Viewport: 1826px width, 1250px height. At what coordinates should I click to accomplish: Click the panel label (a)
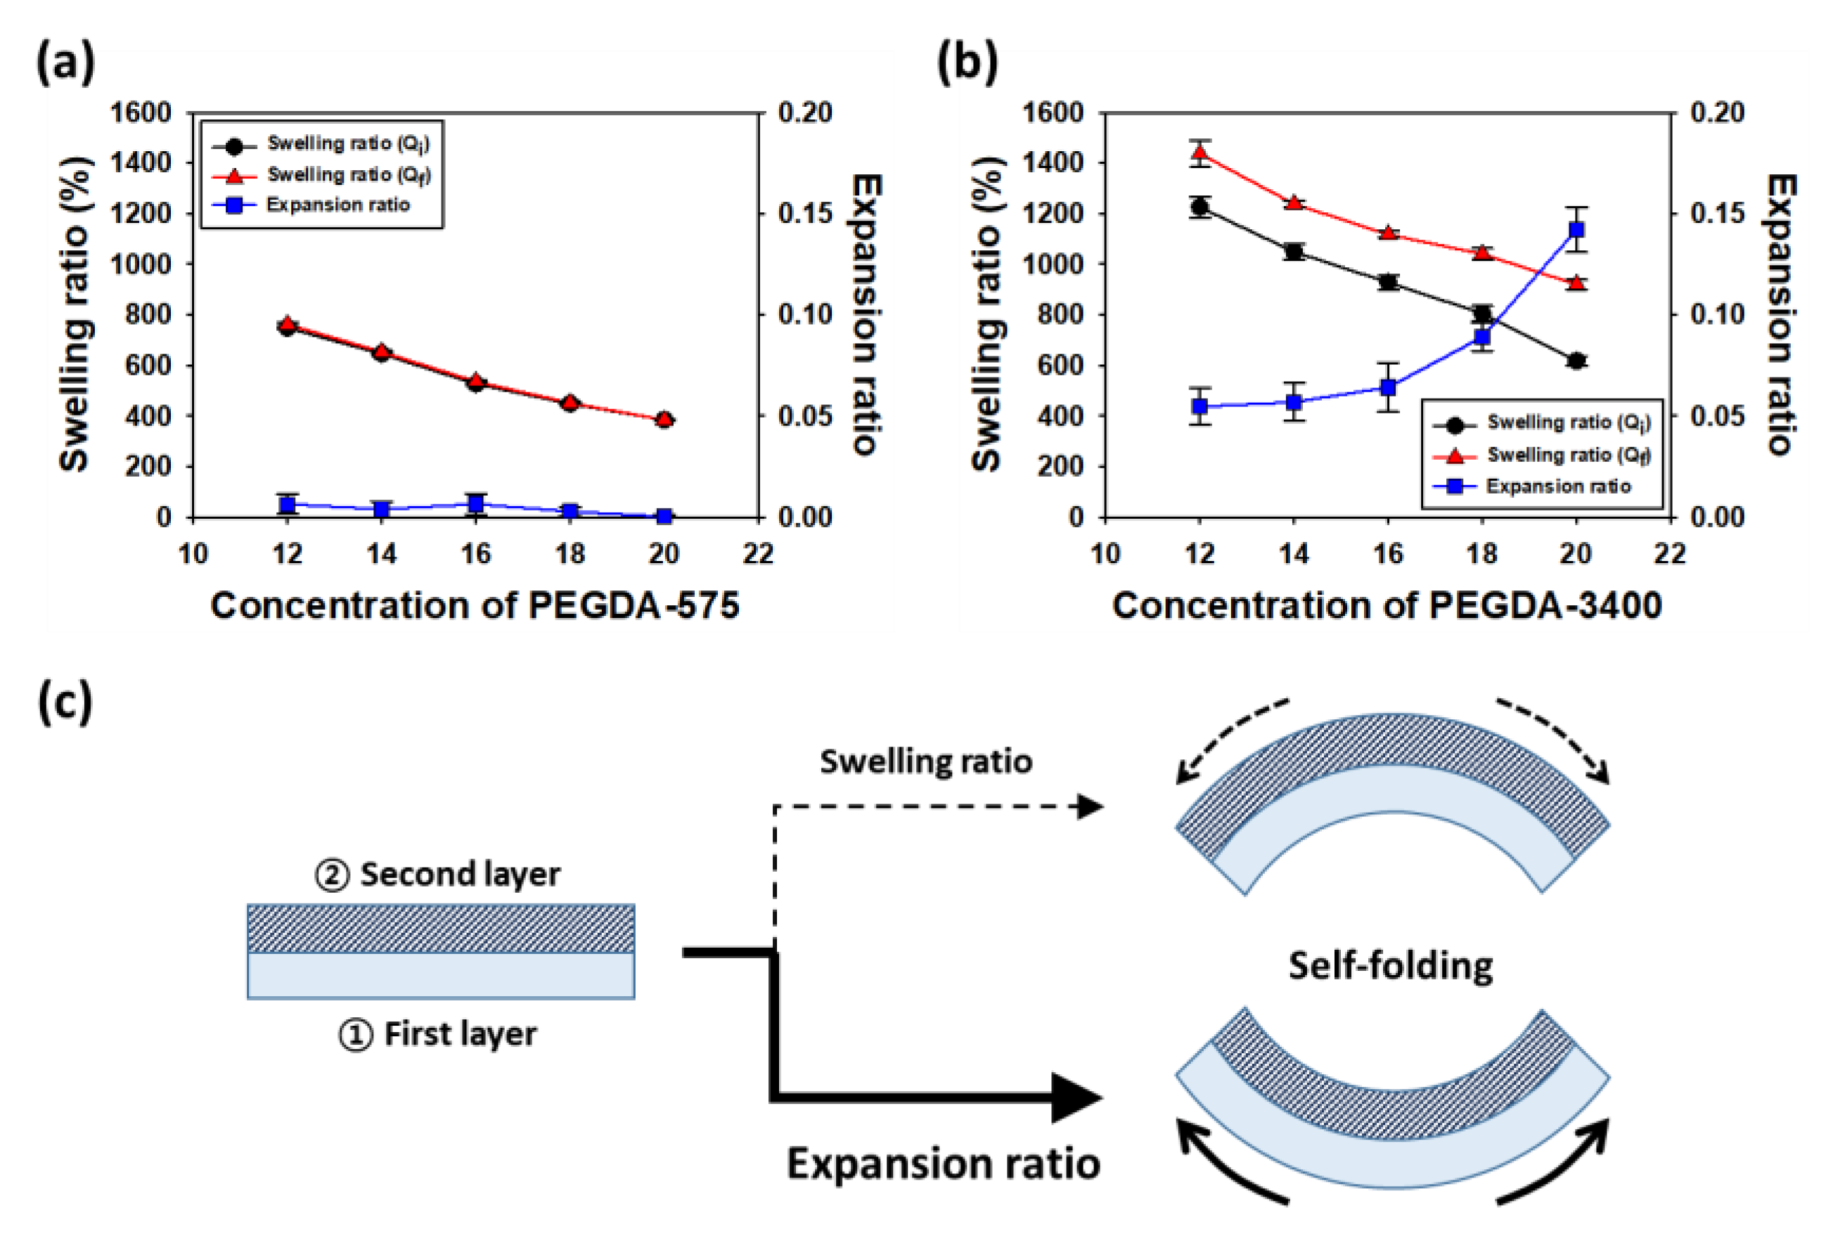[65, 62]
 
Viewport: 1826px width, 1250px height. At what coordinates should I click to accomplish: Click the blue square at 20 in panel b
[1576, 229]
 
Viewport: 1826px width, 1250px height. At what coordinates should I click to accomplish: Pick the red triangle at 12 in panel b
[1199, 152]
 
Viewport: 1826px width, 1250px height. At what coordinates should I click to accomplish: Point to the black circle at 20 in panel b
[1576, 361]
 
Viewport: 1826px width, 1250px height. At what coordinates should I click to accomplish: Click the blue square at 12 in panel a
[288, 504]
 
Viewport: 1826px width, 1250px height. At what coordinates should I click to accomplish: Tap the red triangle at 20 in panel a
[664, 419]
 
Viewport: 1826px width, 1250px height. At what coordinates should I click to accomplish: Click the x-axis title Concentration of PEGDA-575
[475, 606]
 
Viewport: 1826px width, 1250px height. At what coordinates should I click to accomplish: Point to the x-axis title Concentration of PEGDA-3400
[1387, 606]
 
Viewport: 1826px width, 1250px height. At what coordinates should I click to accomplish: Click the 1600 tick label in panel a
[141, 112]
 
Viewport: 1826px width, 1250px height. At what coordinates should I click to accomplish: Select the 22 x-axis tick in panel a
[758, 554]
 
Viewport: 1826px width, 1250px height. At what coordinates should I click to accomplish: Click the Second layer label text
[460, 874]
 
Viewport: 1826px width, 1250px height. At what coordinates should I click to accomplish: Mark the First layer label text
[460, 1034]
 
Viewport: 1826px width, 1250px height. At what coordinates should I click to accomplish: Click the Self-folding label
[1390, 965]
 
